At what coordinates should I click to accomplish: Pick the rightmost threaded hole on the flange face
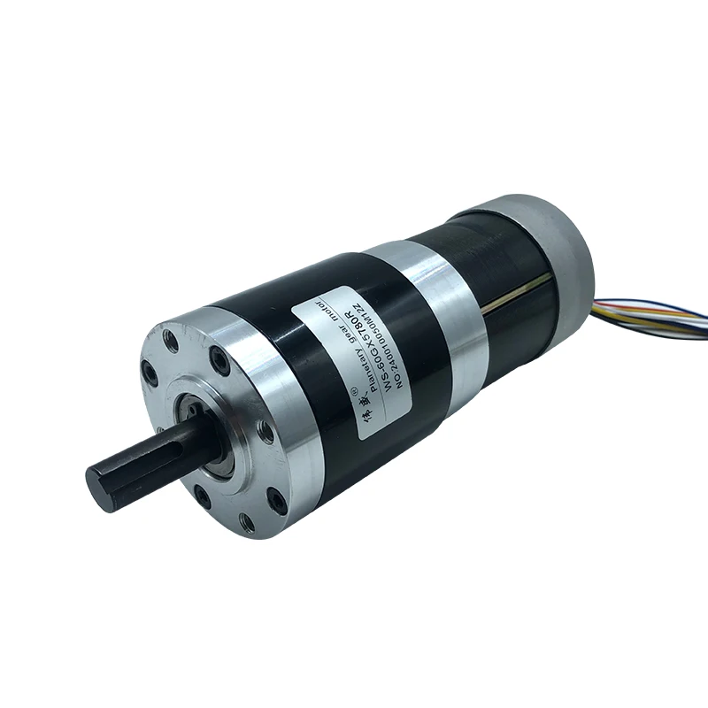[265, 431]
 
